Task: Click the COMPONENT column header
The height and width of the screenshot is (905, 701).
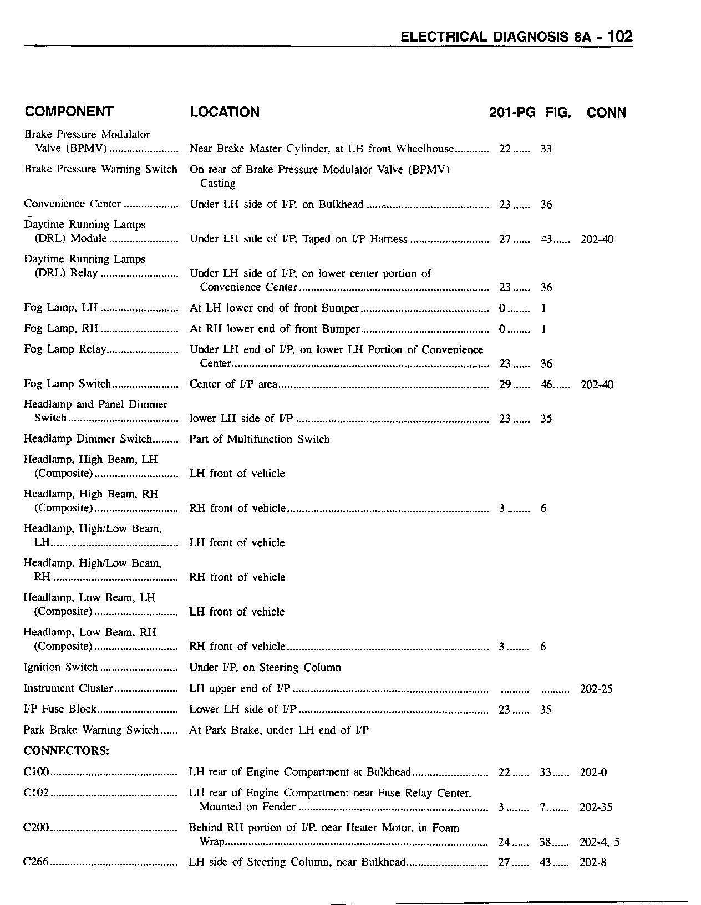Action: coord(69,111)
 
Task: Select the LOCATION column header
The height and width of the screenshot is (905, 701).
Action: coord(225,112)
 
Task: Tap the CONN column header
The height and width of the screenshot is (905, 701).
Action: coord(606,113)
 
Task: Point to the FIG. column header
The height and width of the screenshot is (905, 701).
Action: coord(558,113)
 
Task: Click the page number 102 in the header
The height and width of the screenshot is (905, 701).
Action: coord(619,37)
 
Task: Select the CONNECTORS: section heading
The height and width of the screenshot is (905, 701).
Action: coord(66,751)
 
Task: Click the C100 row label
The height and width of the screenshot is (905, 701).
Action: coord(37,772)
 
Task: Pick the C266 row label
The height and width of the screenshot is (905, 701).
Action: coord(37,862)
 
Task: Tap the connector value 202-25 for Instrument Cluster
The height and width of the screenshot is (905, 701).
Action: coord(596,689)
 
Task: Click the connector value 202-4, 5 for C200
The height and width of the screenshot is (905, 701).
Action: coord(600,842)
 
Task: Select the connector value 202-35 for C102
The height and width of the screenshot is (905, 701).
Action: coord(596,807)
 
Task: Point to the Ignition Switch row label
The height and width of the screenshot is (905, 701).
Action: coord(60,667)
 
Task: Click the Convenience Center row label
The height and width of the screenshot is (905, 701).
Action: coord(72,204)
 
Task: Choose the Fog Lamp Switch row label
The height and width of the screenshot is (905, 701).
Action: coord(67,384)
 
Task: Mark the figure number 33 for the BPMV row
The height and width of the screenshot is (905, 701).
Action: coord(546,149)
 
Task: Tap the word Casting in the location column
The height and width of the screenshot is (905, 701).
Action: coord(217,184)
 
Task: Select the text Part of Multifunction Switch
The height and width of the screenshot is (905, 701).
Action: coord(259,439)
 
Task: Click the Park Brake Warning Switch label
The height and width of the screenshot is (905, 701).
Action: coord(91,730)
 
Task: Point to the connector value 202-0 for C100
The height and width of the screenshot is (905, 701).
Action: coord(593,772)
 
